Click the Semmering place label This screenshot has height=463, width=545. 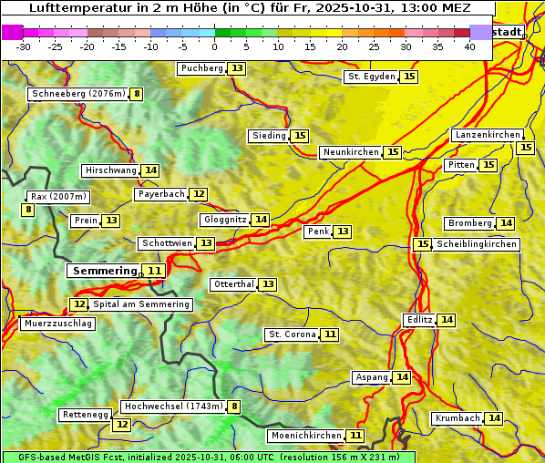(103, 271)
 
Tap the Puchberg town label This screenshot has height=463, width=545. (201, 68)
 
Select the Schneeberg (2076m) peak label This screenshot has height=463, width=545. (77, 94)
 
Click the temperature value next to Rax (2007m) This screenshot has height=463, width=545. (28, 210)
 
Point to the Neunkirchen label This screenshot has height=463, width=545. (351, 152)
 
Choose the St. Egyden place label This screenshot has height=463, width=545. (371, 77)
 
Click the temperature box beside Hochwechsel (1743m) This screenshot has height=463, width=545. (234, 406)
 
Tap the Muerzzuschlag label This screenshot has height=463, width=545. (57, 324)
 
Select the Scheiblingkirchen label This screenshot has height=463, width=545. (476, 244)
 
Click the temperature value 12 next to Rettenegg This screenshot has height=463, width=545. (121, 425)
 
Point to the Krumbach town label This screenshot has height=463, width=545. (458, 418)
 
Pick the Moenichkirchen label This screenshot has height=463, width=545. (306, 436)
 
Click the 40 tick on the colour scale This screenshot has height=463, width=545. (469, 46)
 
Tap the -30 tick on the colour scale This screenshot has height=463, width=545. (24, 46)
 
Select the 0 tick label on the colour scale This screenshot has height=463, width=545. (215, 46)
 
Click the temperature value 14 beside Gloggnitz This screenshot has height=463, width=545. (261, 220)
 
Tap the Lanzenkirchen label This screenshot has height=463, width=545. (487, 135)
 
